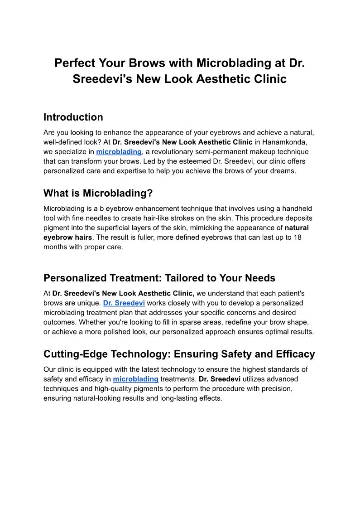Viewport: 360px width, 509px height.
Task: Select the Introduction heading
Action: point(73,117)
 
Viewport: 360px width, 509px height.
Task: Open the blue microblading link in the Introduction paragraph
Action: point(119,152)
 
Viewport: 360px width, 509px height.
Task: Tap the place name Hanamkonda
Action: point(287,142)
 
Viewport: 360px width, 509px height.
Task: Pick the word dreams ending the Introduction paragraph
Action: point(282,171)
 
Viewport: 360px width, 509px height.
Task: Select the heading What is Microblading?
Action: point(98,194)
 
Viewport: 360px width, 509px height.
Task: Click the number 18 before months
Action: point(298,238)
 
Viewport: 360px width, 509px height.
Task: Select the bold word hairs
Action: point(81,238)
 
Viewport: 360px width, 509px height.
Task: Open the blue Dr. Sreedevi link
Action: point(124,303)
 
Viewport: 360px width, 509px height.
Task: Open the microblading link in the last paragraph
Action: point(135,379)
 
